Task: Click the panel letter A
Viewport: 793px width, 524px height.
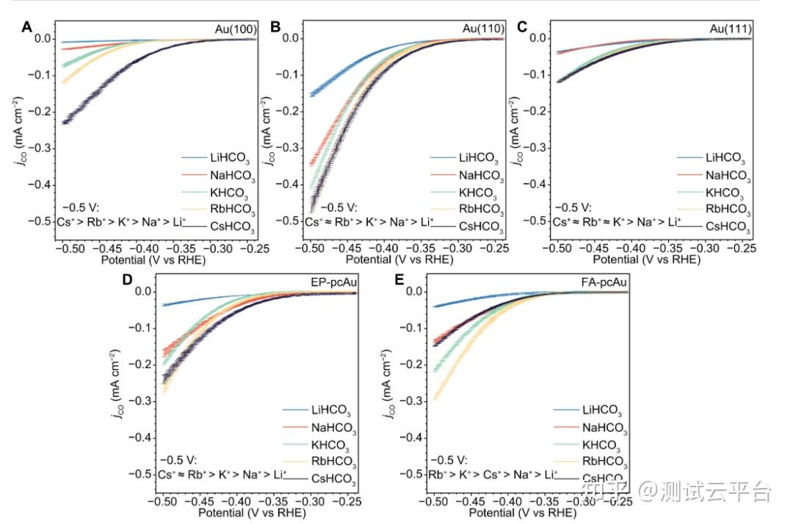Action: pos(26,28)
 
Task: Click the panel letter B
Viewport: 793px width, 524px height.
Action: pos(276,28)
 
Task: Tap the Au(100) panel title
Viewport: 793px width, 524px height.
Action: pos(235,29)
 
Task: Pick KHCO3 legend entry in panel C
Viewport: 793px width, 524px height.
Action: pos(726,193)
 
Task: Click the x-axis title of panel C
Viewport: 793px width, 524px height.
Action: pos(645,259)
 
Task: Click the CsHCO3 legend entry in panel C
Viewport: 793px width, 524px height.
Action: pos(726,227)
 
